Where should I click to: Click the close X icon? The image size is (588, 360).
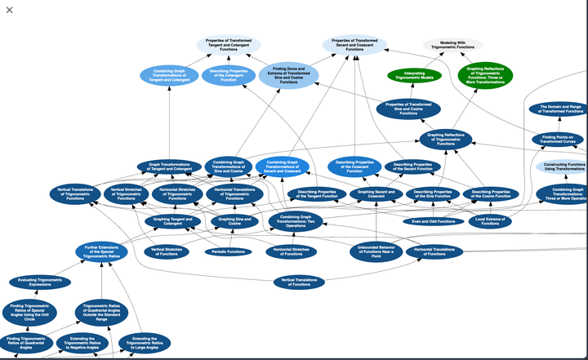click(x=10, y=10)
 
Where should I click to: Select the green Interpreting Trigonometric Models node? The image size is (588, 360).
click(x=413, y=75)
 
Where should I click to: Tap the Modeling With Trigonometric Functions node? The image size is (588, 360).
click(x=452, y=45)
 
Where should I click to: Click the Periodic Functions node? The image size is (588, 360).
click(x=228, y=251)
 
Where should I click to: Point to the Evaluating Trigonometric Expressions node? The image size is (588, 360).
click(x=39, y=282)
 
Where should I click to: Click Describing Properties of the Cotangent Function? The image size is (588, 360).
click(x=229, y=76)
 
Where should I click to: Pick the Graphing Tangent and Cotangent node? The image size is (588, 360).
click(x=173, y=220)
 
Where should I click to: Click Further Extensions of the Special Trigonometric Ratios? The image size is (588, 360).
click(x=101, y=251)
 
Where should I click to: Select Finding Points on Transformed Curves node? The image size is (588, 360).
click(x=559, y=139)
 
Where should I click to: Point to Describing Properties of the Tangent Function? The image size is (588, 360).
click(x=313, y=194)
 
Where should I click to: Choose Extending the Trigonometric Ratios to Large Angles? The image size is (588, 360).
click(x=145, y=342)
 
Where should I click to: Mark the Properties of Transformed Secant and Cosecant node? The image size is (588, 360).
click(x=354, y=45)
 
